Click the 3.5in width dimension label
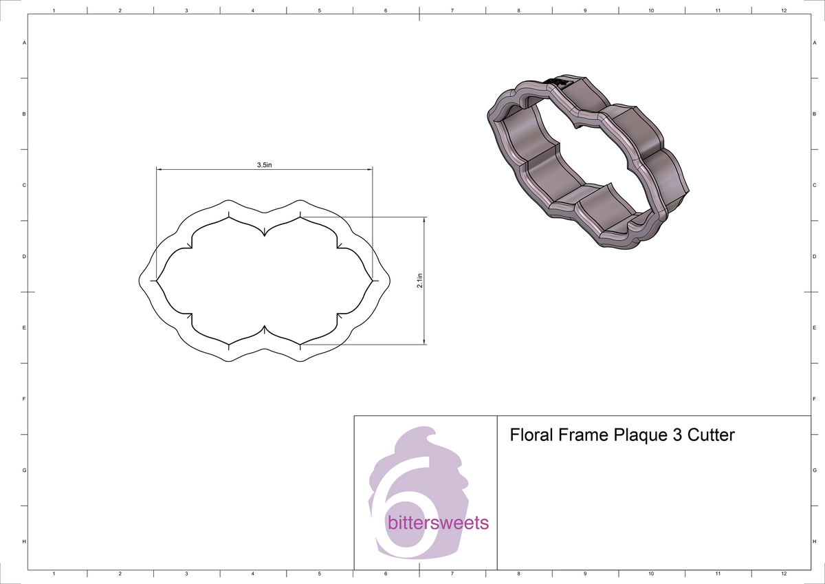pos(265,165)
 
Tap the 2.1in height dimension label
pos(420,281)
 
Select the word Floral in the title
pos(531,435)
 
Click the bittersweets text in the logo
pos(438,523)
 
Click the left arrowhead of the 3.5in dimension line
pos(159,169)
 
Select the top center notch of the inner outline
pos(264,235)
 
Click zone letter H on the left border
pos(24,542)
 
